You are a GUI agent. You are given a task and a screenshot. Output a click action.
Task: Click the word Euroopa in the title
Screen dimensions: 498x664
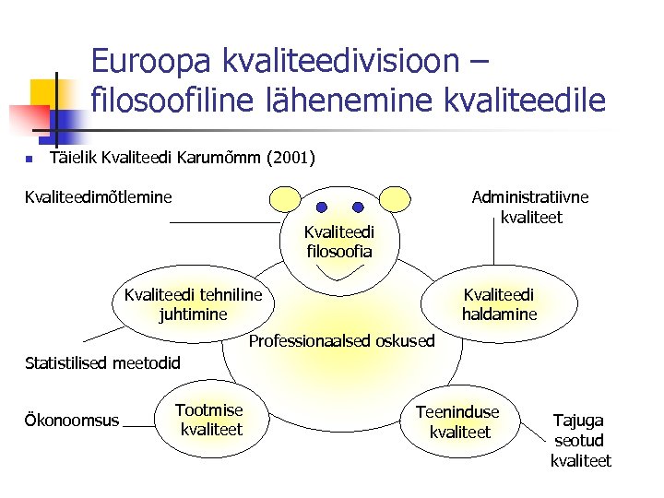point(153,62)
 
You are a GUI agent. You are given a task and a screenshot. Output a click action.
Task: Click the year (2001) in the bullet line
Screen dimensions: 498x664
point(290,159)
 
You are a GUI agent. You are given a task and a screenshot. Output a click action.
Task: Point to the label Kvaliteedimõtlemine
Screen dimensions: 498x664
point(99,196)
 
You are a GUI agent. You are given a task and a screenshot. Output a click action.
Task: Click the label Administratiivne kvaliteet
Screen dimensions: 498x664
point(530,207)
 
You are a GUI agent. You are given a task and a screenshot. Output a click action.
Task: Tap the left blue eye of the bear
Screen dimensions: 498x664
point(322,207)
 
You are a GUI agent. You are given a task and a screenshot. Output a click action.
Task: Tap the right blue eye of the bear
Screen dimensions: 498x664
point(362,207)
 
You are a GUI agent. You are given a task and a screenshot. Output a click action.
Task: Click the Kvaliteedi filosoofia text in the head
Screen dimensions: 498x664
point(338,242)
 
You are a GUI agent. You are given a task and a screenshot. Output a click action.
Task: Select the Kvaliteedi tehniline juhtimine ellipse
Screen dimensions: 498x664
point(193,304)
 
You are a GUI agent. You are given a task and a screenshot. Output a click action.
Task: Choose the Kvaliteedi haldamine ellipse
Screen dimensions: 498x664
point(499,304)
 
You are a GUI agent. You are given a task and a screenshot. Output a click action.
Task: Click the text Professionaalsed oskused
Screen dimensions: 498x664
point(342,341)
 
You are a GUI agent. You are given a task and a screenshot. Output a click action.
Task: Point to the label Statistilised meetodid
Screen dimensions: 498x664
point(101,362)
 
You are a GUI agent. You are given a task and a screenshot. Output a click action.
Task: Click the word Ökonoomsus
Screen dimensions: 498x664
point(71,421)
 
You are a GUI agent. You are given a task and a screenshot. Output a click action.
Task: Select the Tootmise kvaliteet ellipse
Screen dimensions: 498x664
point(211,420)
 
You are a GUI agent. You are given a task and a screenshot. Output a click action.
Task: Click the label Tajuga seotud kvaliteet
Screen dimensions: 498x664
point(579,441)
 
